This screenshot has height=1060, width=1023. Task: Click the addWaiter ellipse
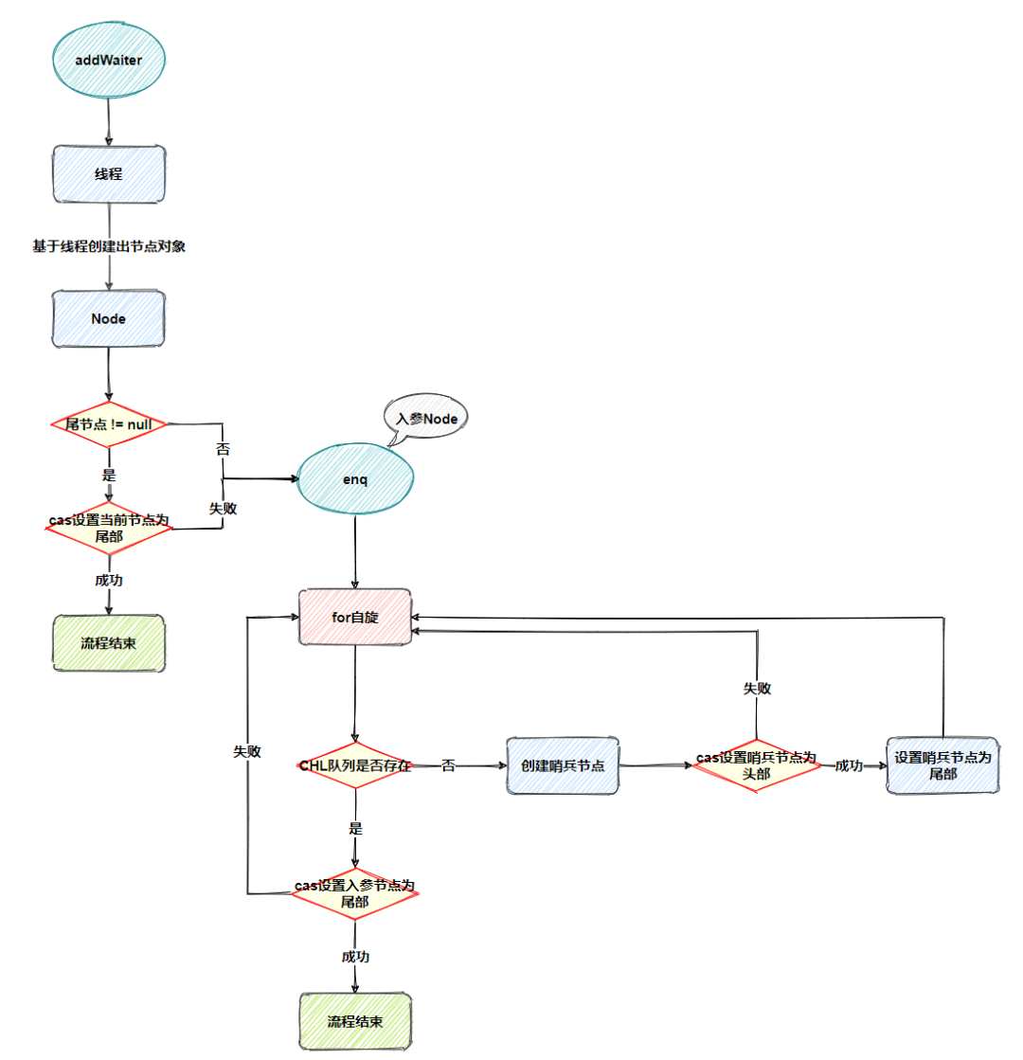click(109, 59)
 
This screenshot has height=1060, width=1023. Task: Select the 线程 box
click(109, 173)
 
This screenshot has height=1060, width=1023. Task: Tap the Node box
click(109, 319)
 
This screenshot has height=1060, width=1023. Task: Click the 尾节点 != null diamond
click(109, 423)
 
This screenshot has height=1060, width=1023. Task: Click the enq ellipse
click(355, 480)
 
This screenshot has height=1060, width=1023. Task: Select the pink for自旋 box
click(355, 618)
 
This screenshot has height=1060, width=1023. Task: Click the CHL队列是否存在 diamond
click(355, 765)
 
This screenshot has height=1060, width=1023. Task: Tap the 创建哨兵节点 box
click(563, 765)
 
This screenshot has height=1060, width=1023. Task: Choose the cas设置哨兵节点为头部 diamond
click(757, 765)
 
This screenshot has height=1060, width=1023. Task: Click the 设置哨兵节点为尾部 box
click(943, 765)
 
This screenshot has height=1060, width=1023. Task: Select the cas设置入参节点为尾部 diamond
click(355, 893)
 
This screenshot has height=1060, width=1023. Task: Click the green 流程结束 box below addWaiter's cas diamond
click(109, 643)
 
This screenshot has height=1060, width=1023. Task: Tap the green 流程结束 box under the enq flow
click(355, 1021)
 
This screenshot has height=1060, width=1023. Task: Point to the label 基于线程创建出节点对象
click(109, 246)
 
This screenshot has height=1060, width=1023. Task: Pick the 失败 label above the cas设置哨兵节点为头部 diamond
click(757, 689)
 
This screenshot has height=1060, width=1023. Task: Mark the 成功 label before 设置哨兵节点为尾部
click(849, 765)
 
